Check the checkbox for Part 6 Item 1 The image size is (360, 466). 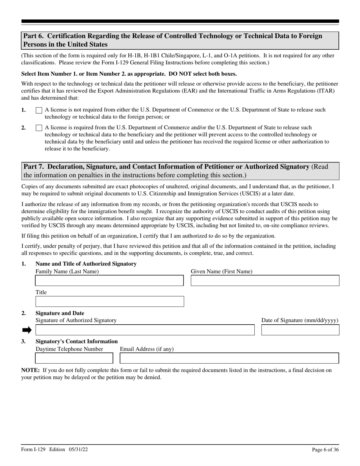[x=39, y=110]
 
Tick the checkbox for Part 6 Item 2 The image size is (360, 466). [x=39, y=128]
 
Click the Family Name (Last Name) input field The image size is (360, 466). [x=109, y=281]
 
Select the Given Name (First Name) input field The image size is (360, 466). [x=265, y=281]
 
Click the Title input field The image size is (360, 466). [x=109, y=302]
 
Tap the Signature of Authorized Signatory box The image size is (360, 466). [x=145, y=330]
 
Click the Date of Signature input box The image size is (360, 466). [x=300, y=330]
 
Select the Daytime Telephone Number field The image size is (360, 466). [x=74, y=358]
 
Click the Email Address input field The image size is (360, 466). [x=229, y=358]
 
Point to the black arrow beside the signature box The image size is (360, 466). [x=27, y=330]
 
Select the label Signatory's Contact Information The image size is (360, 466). [x=76, y=341]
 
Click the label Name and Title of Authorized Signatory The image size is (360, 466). [x=86, y=264]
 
